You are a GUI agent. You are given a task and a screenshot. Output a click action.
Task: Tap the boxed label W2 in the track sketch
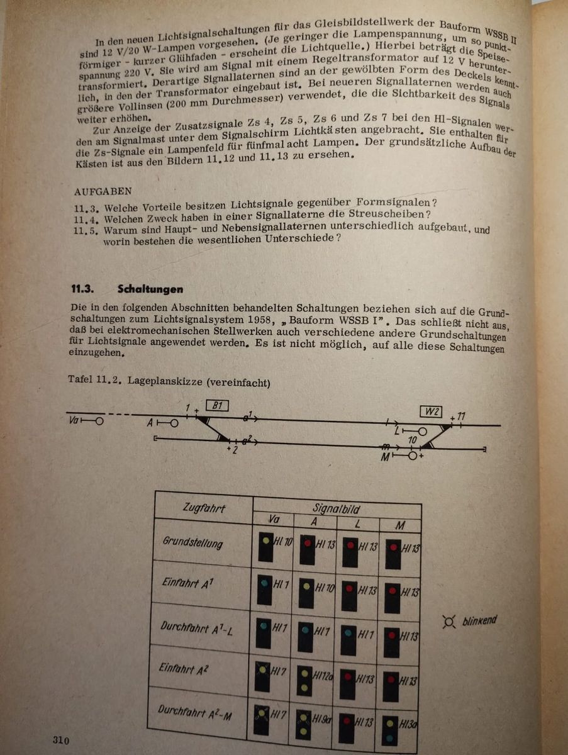(431, 412)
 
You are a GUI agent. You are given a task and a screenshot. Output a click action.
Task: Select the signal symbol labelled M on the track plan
(412, 456)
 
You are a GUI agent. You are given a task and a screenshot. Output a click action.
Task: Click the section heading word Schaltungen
(150, 289)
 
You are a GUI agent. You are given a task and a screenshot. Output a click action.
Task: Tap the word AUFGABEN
(99, 193)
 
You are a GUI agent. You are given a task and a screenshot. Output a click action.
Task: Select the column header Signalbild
(336, 509)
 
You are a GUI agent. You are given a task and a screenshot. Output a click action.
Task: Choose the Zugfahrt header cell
(203, 507)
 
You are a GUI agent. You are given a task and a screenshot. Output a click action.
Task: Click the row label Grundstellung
(192, 542)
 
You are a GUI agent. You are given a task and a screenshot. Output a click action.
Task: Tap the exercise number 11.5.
(83, 231)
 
